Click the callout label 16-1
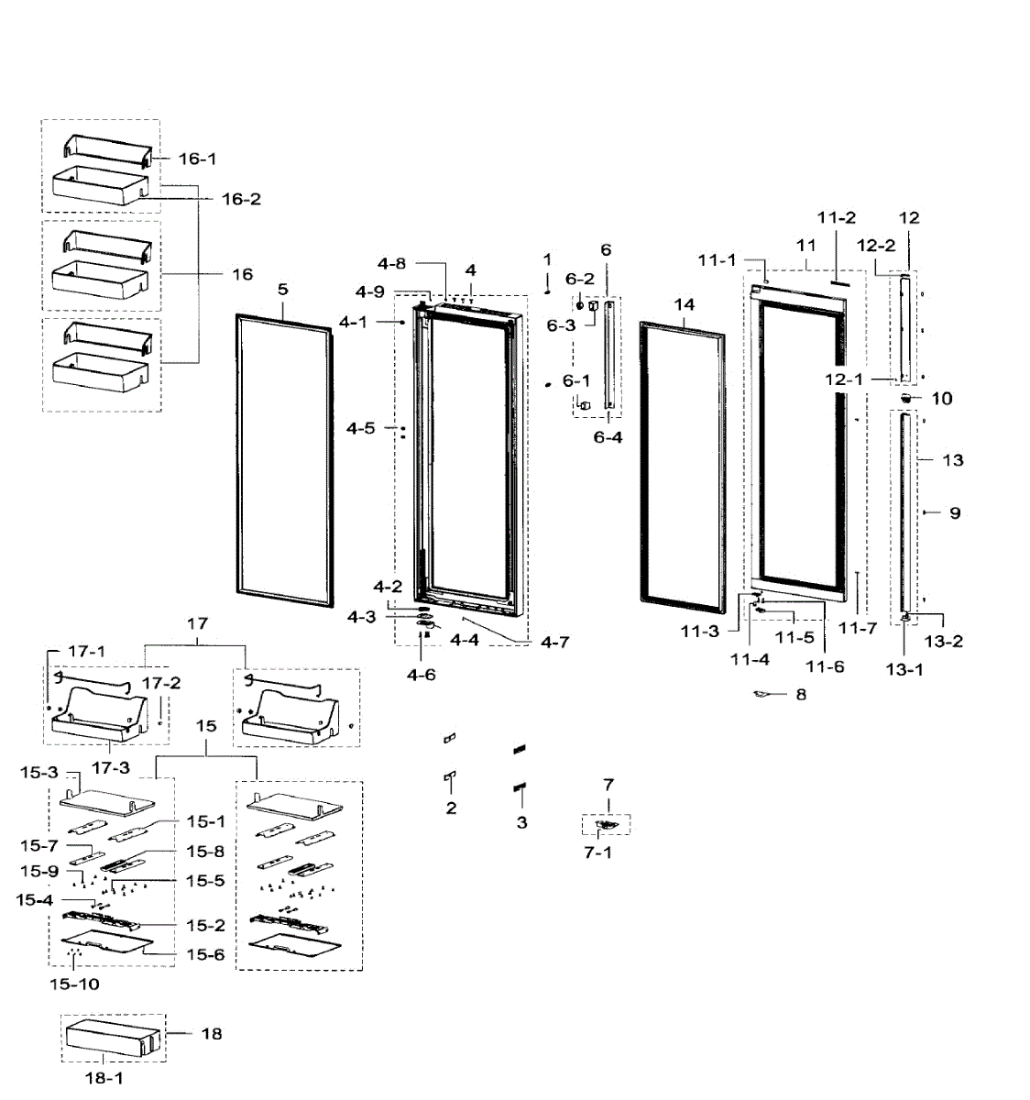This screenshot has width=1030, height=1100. pos(197,159)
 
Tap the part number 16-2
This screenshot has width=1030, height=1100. pos(241,199)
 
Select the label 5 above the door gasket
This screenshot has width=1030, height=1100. pos(283,290)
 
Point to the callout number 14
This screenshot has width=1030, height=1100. pos(685,305)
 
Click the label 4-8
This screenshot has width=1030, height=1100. pos(391,264)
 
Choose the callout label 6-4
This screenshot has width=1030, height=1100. pos(608,437)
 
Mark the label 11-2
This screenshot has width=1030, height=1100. pos(836,218)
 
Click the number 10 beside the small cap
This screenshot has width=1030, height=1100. pos(941,399)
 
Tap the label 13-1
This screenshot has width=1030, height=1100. pos(904,670)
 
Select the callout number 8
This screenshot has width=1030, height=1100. pos(801,695)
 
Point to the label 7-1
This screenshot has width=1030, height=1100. pos(598,852)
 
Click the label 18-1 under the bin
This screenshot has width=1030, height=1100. pos(104,1078)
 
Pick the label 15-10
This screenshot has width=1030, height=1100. pos(74,984)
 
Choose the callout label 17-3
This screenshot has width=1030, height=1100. pos(109,767)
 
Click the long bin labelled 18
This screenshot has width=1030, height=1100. pos(112,1037)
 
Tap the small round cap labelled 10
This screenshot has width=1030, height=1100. pos(905,398)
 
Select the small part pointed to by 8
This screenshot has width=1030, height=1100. pos(760,695)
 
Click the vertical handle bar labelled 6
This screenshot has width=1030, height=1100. pos(608,353)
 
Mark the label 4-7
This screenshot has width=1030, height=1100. pos(553,643)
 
